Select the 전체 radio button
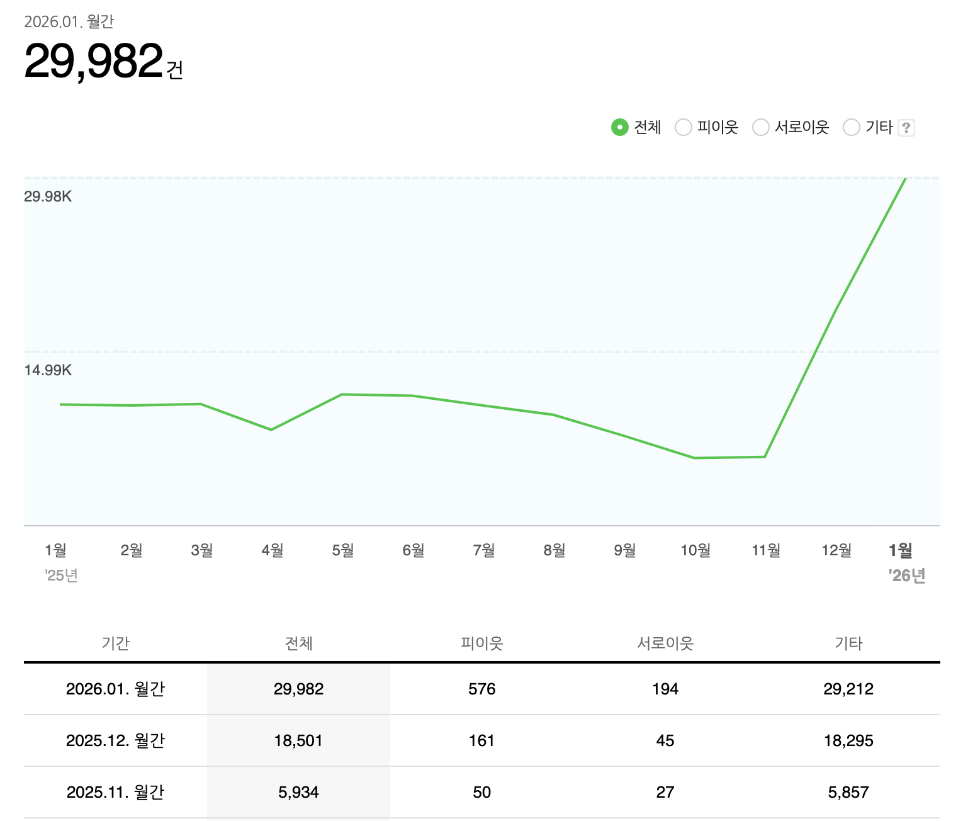click(x=620, y=128)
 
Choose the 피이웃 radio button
click(x=684, y=128)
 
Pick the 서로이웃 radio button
click(x=761, y=128)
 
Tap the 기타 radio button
click(x=852, y=128)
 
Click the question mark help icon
click(x=906, y=128)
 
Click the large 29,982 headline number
click(x=94, y=61)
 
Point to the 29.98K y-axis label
click(x=48, y=196)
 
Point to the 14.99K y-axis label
click(x=48, y=370)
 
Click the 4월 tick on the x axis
click(x=272, y=550)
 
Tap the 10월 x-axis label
click(x=695, y=550)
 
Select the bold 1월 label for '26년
click(x=900, y=550)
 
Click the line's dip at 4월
click(x=271, y=429)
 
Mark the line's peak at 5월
click(x=342, y=395)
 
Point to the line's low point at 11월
click(x=765, y=456)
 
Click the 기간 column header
click(x=115, y=643)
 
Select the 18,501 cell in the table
click(x=298, y=740)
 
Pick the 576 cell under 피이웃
click(x=481, y=689)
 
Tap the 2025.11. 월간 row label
click(x=115, y=792)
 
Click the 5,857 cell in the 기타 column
click(x=848, y=792)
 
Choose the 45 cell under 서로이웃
click(x=665, y=740)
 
